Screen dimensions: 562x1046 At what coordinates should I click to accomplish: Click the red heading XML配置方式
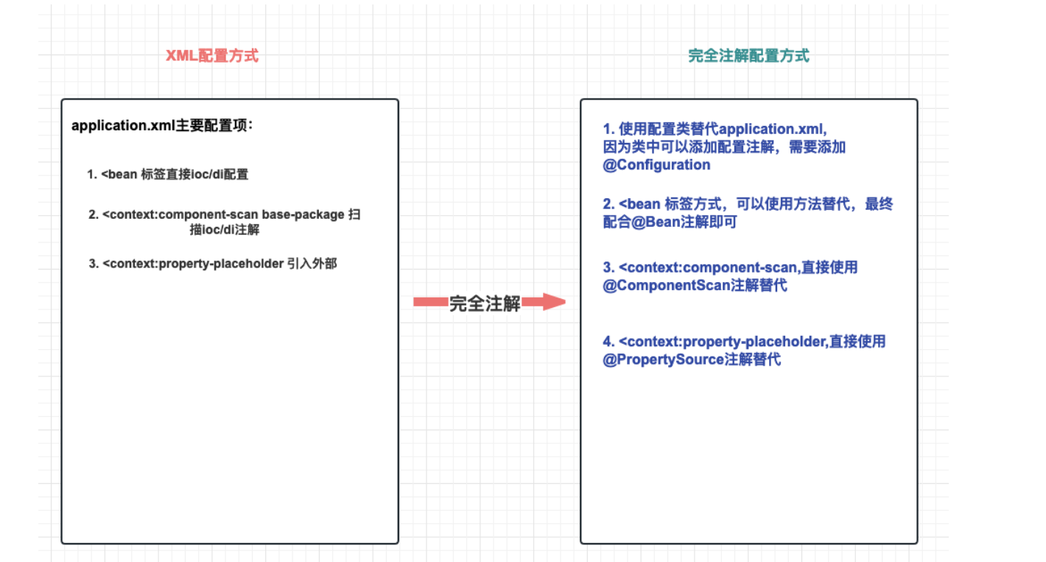pos(212,56)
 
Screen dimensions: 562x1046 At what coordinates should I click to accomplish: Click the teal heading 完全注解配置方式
pos(748,56)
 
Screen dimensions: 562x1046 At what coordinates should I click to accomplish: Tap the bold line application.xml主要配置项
pos(162,125)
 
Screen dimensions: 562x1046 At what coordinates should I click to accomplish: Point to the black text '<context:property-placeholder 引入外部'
pos(220,263)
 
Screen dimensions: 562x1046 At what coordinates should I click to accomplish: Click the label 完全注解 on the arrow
pos(485,303)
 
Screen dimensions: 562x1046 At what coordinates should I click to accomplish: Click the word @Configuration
pos(656,165)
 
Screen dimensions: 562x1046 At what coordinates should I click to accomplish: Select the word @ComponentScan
pos(666,285)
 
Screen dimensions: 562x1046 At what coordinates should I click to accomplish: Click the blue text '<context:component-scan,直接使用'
pos(738,267)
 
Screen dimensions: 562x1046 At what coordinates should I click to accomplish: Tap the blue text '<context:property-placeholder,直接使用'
pos(751,342)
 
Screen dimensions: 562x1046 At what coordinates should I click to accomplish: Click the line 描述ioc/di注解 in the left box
pos(224,230)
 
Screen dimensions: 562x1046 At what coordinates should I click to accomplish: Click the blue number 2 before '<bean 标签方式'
pos(608,204)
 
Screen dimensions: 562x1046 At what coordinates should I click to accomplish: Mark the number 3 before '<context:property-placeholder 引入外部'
pos(94,263)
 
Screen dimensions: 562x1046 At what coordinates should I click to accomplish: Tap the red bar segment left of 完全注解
pos(430,301)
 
